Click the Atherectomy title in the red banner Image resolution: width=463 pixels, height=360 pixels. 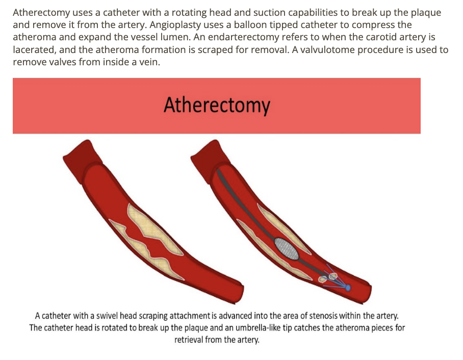coord(217,106)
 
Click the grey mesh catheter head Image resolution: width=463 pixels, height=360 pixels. coord(287,248)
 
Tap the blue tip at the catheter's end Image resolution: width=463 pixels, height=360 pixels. coord(348,288)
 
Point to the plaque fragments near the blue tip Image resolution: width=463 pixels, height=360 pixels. coord(328,277)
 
